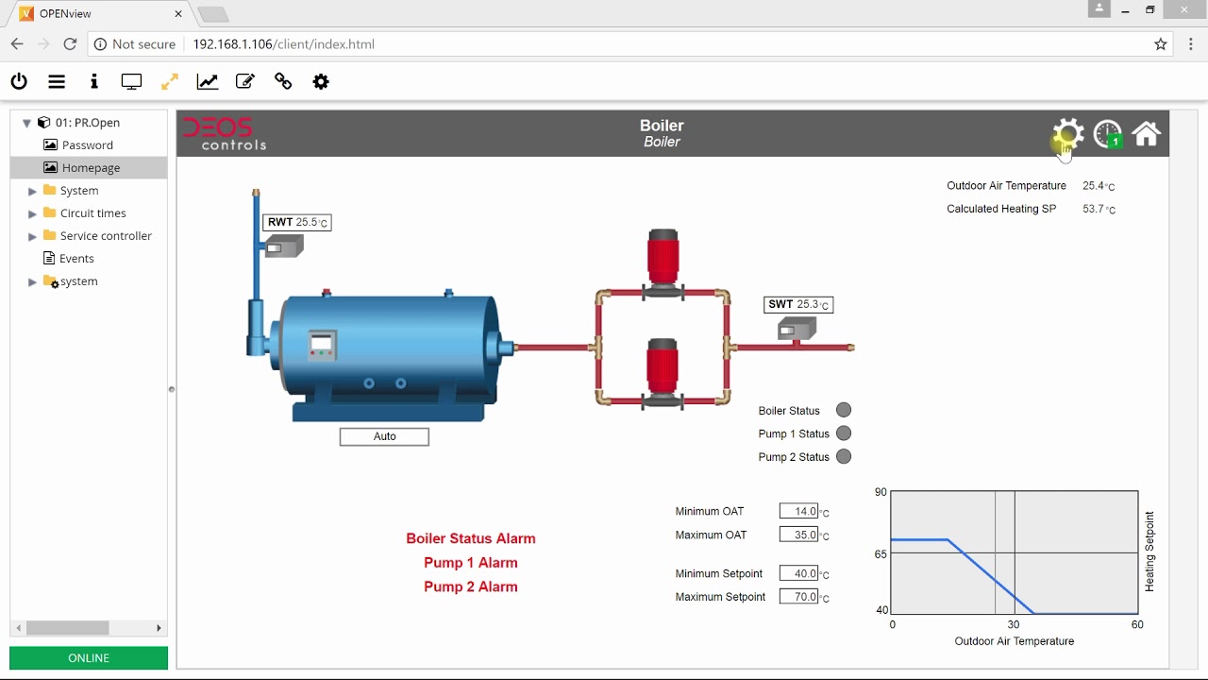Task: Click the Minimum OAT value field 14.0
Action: (x=798, y=511)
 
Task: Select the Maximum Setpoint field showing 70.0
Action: (x=798, y=597)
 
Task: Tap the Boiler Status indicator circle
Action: (x=844, y=410)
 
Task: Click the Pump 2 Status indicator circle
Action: (x=844, y=456)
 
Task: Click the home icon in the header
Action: (x=1146, y=134)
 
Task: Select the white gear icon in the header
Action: (x=1068, y=134)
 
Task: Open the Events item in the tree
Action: (x=76, y=258)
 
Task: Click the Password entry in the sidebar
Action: (x=87, y=144)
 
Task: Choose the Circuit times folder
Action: (x=92, y=212)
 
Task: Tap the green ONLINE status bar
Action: (x=89, y=657)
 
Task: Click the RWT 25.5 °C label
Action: (x=296, y=222)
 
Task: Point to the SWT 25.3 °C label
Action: (x=798, y=304)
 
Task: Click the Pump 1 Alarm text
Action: (x=470, y=562)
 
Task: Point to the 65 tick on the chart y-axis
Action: (x=881, y=553)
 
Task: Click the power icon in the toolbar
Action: (x=19, y=81)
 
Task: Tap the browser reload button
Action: (x=70, y=44)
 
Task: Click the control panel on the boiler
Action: (x=323, y=346)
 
